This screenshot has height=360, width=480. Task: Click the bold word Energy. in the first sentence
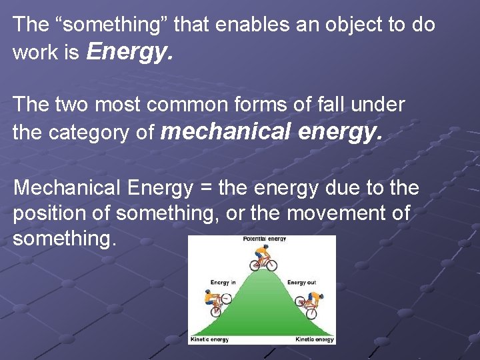[130, 51]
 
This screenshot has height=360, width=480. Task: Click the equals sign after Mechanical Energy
[205, 188]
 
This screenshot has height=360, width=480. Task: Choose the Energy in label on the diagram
[223, 282]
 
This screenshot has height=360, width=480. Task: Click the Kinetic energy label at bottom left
[209, 339]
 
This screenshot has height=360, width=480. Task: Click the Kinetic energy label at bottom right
[315, 339]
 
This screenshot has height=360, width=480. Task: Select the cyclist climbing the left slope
[216, 303]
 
